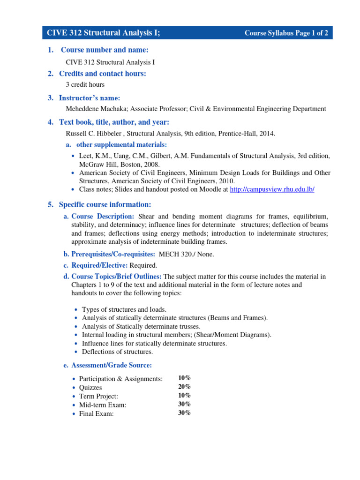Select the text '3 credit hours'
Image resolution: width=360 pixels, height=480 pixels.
tap(85, 85)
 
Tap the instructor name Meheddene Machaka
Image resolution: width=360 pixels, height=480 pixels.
tap(97, 109)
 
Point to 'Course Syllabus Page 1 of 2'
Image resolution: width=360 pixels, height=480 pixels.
tap(286, 33)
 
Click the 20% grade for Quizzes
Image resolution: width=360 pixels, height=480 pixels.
tap(184, 387)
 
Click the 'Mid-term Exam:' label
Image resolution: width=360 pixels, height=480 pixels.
tap(103, 405)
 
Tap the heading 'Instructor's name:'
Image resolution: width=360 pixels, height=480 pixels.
tap(90, 98)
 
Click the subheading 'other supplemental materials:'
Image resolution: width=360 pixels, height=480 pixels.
tap(121, 145)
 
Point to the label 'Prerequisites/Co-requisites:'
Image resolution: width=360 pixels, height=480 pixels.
tap(113, 254)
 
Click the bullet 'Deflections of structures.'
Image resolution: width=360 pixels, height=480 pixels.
tap(117, 352)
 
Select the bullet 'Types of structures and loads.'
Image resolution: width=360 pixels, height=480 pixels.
tap(124, 310)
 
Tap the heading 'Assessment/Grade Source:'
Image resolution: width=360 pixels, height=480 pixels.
tap(112, 365)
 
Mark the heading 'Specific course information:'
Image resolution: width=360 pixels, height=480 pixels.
tap(105, 204)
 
